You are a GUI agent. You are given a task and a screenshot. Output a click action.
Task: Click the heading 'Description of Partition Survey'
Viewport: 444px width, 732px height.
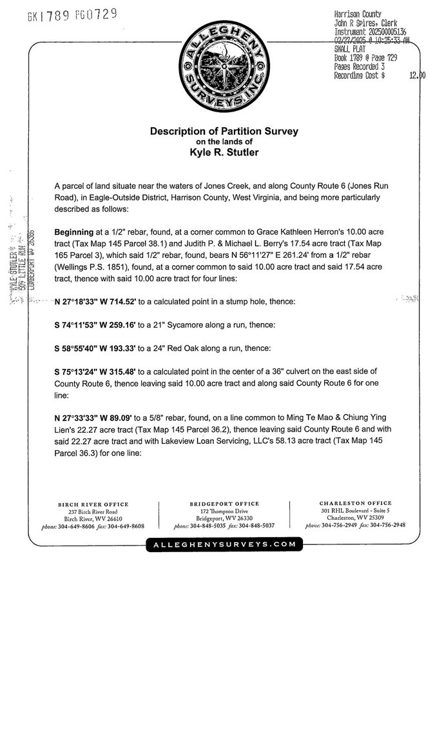coord(224,131)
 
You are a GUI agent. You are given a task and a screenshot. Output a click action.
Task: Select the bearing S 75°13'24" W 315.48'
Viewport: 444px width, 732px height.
coord(102,371)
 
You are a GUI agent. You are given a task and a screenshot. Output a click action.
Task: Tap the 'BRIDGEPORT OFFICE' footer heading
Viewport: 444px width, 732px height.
coord(224,504)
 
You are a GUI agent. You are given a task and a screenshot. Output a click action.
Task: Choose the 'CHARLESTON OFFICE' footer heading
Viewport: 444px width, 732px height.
coord(355,503)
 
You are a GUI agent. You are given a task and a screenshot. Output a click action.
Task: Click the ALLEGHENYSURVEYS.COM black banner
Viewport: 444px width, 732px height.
coord(224,545)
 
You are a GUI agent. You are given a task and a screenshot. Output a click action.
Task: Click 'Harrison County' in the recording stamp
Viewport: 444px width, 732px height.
coord(358,14)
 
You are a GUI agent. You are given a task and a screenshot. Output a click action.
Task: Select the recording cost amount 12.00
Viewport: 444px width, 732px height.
coord(416,75)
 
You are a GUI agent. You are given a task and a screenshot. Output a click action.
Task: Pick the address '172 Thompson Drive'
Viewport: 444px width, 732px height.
coord(224,511)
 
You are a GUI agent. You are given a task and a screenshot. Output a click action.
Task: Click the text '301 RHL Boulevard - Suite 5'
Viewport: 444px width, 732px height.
coord(355,511)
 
